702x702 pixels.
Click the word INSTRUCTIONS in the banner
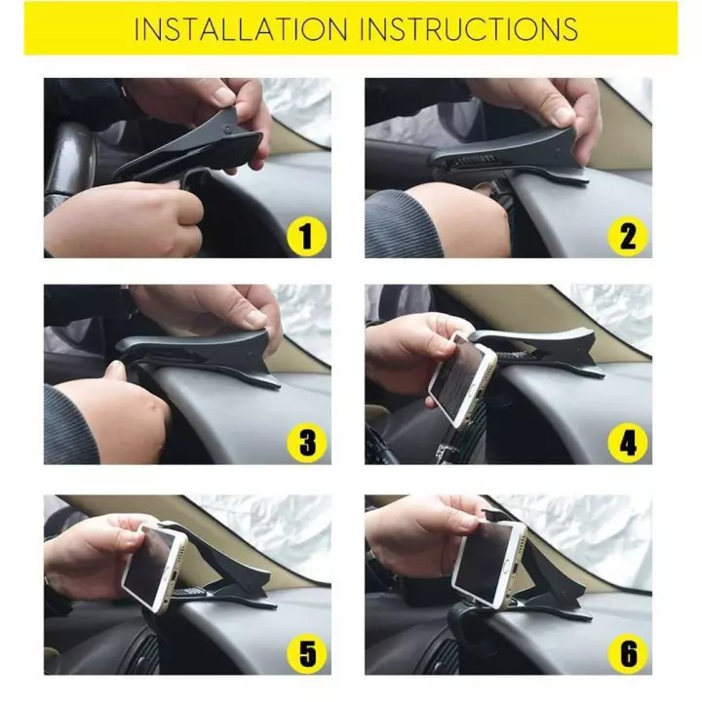point(469,29)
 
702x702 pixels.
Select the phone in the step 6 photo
point(487,561)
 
